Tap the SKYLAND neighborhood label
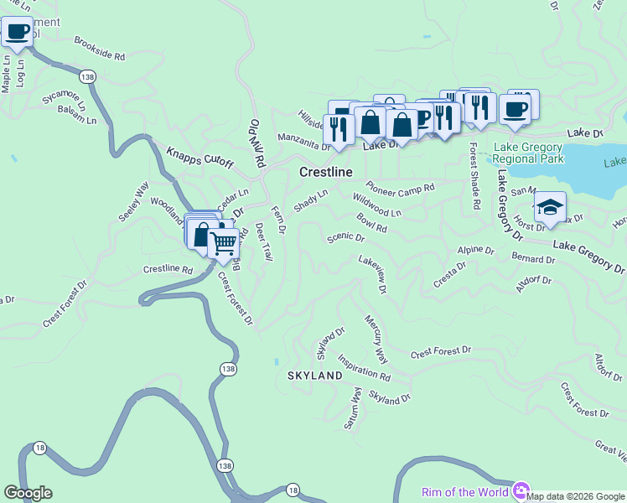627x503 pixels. click(315, 375)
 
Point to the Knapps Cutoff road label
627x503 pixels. click(199, 158)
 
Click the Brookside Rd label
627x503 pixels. click(99, 49)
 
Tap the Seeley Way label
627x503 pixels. click(133, 201)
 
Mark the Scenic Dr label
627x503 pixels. click(345, 237)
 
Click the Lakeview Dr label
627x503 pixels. click(371, 275)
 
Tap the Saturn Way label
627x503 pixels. click(353, 408)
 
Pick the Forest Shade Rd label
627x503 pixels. click(474, 175)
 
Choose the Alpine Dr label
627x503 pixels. click(470, 250)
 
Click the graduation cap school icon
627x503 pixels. click(550, 207)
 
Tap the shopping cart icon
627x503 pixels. click(223, 243)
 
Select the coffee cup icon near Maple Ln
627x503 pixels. click(18, 33)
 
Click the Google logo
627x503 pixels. click(28, 493)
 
